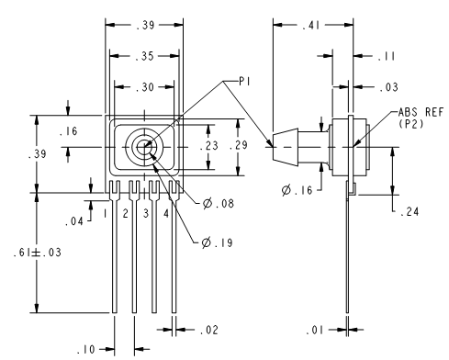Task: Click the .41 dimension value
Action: [310, 26]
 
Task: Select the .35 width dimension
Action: [145, 56]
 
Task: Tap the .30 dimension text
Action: [145, 87]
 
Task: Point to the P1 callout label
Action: [244, 82]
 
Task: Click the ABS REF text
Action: [421, 112]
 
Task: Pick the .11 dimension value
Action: [387, 56]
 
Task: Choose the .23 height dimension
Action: [208, 146]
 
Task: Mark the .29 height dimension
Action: [239, 145]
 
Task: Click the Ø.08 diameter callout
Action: [219, 203]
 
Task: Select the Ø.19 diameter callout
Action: [218, 242]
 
